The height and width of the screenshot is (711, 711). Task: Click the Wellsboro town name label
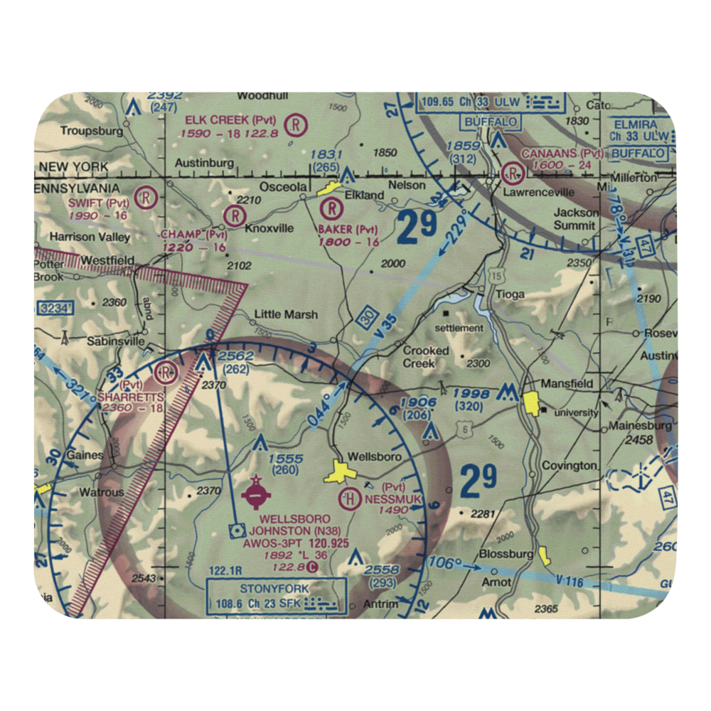[375, 456]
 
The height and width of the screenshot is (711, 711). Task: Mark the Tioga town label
[511, 294]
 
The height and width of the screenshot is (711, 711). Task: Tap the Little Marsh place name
[286, 314]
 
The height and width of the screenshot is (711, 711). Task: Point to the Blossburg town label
[506, 553]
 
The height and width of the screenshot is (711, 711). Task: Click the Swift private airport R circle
[146, 196]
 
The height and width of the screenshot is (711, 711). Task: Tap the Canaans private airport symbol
[513, 173]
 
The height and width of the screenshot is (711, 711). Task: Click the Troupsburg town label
[92, 131]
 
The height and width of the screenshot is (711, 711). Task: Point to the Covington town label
[568, 465]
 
